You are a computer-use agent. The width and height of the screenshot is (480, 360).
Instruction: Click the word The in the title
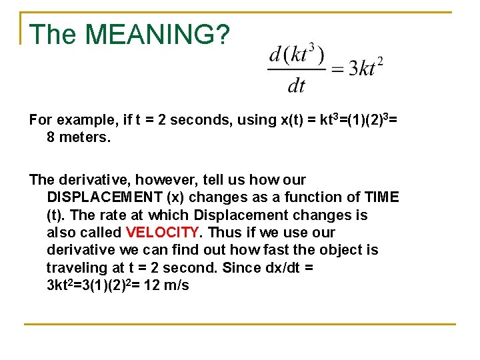pos(54,35)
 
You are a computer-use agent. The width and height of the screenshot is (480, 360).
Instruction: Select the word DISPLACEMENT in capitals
pos(99,197)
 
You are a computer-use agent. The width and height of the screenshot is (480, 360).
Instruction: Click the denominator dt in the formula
pos(296,85)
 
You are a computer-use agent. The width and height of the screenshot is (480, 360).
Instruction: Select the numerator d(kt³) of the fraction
pos(296,55)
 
